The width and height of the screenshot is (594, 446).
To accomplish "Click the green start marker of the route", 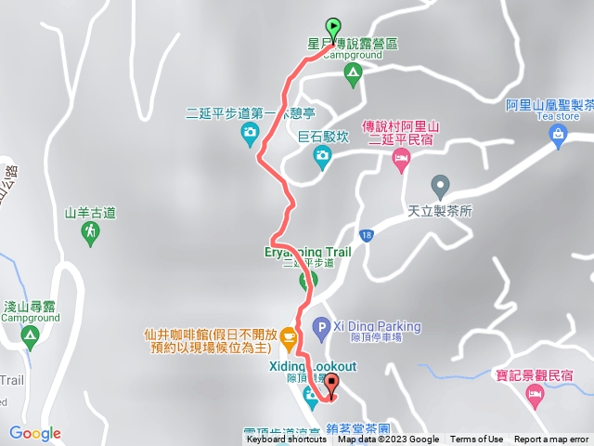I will click(x=332, y=28).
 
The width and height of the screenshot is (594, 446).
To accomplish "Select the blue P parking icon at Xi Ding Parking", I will click(x=320, y=326).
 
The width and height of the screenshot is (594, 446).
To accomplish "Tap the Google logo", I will click(x=35, y=433).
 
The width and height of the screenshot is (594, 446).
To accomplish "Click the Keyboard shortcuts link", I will click(x=287, y=439).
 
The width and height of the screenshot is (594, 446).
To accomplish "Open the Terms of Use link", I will click(x=476, y=439).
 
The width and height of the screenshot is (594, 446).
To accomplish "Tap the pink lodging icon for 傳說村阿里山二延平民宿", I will click(x=401, y=162).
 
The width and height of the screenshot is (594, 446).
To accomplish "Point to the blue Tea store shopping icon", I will click(x=557, y=136).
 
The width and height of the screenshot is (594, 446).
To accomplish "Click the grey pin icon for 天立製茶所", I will click(x=440, y=185).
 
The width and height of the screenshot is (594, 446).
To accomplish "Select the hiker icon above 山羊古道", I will click(x=91, y=235).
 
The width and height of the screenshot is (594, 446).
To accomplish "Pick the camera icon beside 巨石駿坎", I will click(x=321, y=156).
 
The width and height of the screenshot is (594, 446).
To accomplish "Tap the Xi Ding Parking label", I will click(x=376, y=327).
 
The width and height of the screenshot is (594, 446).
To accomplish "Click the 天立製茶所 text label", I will click(x=440, y=211).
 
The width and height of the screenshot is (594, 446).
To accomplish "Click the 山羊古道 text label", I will click(x=91, y=213).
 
